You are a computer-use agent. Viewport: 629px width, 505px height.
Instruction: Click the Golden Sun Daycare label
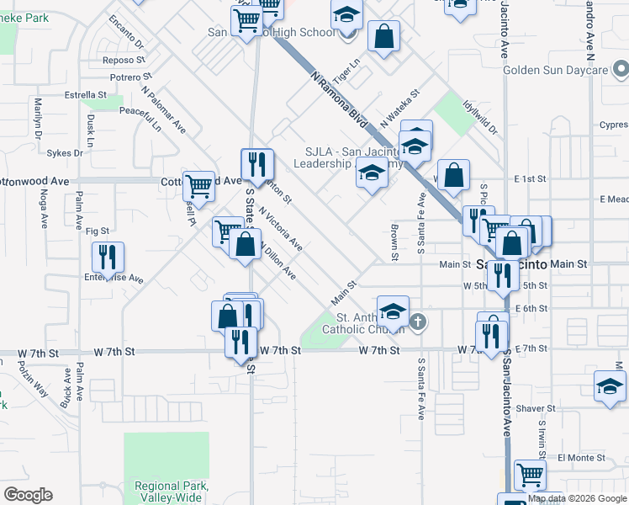[x=555, y=70]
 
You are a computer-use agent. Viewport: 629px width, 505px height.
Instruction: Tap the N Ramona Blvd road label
[x=340, y=99]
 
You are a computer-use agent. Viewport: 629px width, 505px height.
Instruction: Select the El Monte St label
[x=582, y=458]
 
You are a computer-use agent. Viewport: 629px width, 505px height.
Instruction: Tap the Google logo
[x=27, y=495]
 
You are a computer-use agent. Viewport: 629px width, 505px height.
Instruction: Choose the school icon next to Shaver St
[x=610, y=386]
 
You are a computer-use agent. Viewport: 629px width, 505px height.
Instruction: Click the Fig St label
[x=98, y=231]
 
